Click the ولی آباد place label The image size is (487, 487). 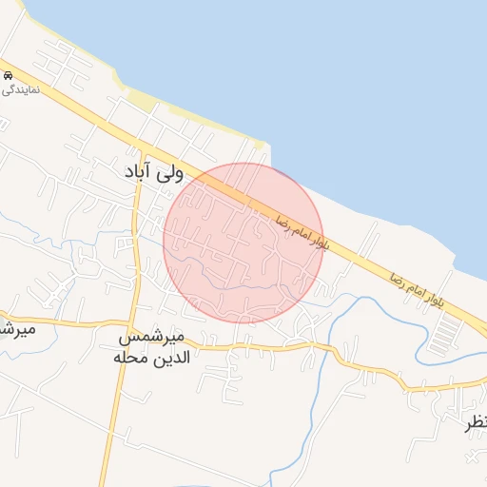154,172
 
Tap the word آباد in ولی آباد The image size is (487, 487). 141,172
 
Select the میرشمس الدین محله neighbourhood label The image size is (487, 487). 153,348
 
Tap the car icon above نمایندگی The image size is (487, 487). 7,74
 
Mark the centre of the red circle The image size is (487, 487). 243,242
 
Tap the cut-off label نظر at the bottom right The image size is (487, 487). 477,423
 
